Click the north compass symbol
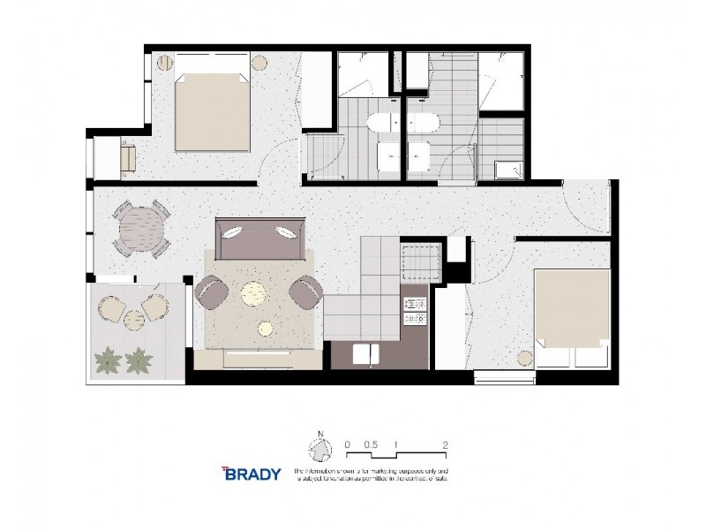(319, 450)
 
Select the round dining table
(141, 229)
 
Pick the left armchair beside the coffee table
(212, 292)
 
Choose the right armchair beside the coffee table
(305, 291)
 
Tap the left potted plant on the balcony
(108, 359)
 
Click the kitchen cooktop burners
(415, 310)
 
